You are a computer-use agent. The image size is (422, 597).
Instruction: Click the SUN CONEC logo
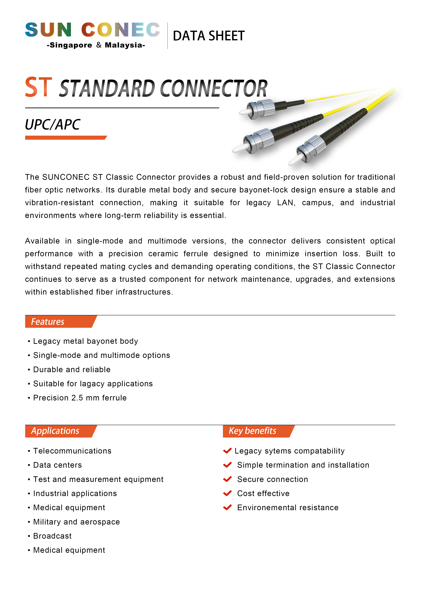tap(92, 30)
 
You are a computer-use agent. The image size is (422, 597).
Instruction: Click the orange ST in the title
tap(38, 87)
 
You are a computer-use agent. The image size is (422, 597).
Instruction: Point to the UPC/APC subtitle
tap(53, 125)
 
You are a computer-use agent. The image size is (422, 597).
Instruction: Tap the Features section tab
tap(48, 322)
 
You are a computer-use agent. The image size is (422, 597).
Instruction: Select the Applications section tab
tap(55, 431)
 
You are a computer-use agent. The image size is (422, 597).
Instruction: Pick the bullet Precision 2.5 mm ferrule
tap(80, 398)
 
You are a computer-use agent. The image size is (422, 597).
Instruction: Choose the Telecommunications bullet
tap(72, 451)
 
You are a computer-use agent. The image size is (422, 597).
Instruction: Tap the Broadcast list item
tap(52, 536)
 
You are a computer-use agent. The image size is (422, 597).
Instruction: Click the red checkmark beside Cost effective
tap(227, 493)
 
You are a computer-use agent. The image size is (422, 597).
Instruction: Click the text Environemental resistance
tap(288, 507)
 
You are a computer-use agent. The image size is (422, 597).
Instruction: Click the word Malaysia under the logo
tap(124, 45)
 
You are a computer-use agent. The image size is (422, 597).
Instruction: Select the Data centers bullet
tap(58, 465)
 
